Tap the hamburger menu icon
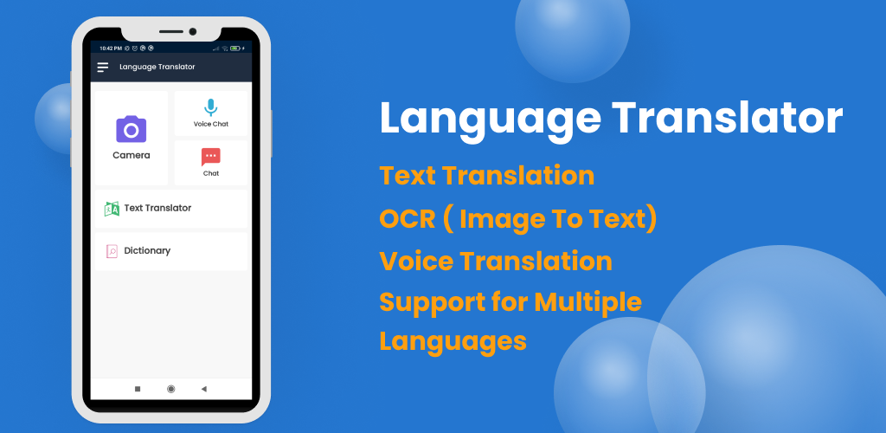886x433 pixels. click(102, 68)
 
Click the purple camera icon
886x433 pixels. click(132, 129)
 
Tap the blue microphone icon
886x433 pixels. click(211, 107)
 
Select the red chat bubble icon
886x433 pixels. click(211, 157)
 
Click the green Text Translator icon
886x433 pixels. click(112, 210)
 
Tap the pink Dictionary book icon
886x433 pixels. click(112, 251)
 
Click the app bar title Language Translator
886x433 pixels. click(157, 67)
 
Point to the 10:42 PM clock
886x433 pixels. click(111, 48)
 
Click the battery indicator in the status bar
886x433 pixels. click(234, 48)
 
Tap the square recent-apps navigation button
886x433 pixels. click(138, 389)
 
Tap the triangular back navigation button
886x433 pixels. click(204, 389)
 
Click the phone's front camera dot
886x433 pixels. click(193, 32)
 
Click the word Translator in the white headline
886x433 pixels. click(727, 118)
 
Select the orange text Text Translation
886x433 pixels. click(486, 175)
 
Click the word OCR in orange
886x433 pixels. click(407, 219)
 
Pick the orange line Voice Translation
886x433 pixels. click(496, 262)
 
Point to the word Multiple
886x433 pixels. click(587, 302)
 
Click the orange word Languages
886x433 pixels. click(453, 342)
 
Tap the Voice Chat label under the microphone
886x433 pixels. click(211, 125)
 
